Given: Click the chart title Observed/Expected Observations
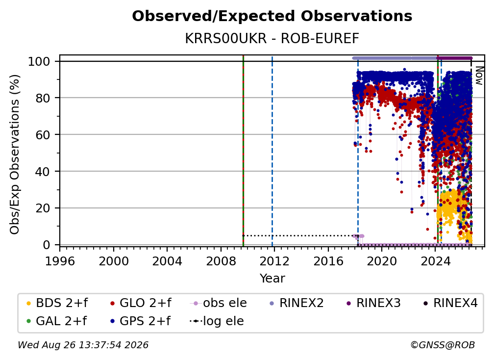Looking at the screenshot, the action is point(272,16).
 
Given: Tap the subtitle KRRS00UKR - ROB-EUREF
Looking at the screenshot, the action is point(272,39).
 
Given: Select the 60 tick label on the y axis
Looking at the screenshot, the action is point(43,134).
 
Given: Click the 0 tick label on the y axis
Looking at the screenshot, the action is point(47,245).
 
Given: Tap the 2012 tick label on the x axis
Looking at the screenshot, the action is point(274,261).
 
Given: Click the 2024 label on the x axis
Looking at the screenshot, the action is point(435,261).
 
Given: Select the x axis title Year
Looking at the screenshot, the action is point(272,279).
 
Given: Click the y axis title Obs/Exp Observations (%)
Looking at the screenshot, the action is point(15,154).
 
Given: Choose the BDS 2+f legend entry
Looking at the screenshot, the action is point(57,303).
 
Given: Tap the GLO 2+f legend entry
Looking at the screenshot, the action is point(141,303).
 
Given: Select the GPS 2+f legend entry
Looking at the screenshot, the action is point(140,321).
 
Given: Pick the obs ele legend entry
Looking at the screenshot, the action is point(219,303).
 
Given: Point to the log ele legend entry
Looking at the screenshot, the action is point(217,321).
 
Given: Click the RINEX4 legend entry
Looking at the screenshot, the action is point(450,303).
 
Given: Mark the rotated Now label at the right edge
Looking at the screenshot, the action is point(479,76).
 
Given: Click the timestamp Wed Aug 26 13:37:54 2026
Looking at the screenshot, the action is point(83,345).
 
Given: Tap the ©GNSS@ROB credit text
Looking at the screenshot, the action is point(443,345).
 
